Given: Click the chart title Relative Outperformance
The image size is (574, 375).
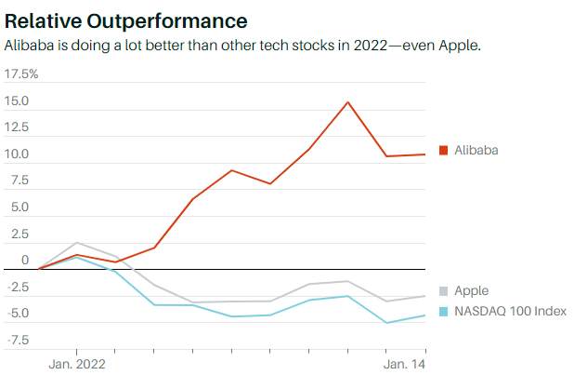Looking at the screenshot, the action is point(126,20).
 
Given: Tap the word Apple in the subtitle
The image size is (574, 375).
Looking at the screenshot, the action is point(460,46).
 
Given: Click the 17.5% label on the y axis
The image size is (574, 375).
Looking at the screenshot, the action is point(21,74).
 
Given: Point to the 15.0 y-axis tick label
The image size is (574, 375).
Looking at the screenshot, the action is point(17,100).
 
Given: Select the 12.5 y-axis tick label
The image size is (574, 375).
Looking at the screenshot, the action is point(17,127).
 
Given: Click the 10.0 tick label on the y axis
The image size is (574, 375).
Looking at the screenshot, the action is point(17,154).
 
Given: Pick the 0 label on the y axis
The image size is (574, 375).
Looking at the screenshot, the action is point(25,260).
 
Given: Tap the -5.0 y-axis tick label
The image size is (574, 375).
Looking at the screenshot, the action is point(18,313).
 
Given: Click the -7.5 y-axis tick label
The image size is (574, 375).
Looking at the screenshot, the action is point(18,340).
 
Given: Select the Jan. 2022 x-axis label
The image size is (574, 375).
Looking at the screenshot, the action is point(77,365).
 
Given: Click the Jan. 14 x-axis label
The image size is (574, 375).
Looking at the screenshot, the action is point(405,365).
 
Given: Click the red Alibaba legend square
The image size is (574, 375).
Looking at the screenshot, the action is point(443,150).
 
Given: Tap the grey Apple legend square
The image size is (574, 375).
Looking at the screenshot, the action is point(443,291).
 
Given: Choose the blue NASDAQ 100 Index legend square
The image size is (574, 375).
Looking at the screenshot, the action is point(443,312).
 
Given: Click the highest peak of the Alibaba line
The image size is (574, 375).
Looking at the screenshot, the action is point(347,102).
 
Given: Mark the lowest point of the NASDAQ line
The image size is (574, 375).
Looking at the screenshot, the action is point(386,323).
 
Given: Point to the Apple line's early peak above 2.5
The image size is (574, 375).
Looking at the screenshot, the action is point(77,243).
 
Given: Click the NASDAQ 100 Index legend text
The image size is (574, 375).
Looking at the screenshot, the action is point(510,311).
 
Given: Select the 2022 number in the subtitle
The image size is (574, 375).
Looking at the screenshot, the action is point(370,46).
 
